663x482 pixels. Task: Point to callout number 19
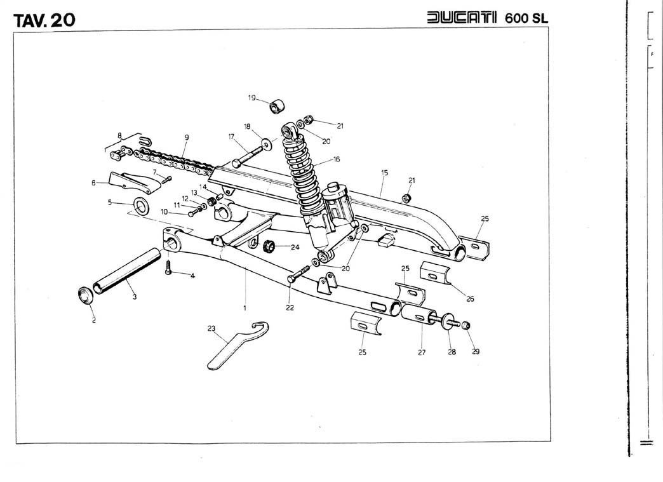click(251, 98)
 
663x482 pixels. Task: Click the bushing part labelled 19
click(278, 105)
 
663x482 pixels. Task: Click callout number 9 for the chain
click(187, 138)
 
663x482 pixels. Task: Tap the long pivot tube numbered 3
click(124, 271)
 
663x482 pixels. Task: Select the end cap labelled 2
click(84, 295)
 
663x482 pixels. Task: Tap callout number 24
click(295, 247)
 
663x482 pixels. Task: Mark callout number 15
click(384, 171)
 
